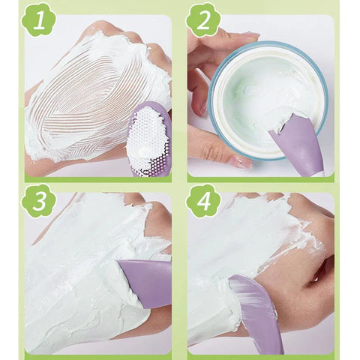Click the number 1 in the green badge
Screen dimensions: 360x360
click(x=38, y=21)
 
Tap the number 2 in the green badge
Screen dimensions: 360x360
click(x=203, y=21)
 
